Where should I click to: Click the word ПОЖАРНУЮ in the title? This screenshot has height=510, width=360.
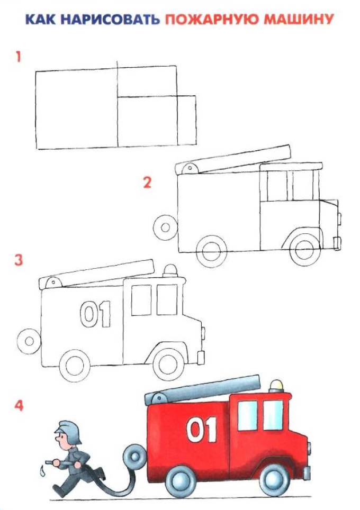point(212,20)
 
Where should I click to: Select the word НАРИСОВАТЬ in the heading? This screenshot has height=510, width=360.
point(111,20)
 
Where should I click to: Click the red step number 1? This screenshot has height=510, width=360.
point(18,57)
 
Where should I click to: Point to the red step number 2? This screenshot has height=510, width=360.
point(147,183)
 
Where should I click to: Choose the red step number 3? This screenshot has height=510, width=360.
point(19,260)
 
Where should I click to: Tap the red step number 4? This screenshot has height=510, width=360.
point(19,405)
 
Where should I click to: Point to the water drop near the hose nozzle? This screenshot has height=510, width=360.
point(41,471)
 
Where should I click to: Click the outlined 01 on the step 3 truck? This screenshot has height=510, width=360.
point(95,314)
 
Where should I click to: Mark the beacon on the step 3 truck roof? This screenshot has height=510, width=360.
point(169,271)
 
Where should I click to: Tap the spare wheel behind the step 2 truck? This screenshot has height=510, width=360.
point(166,227)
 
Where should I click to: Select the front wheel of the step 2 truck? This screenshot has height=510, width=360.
point(304,249)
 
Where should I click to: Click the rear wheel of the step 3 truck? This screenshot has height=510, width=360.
point(75,365)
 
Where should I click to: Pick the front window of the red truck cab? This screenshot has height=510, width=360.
point(273,415)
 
